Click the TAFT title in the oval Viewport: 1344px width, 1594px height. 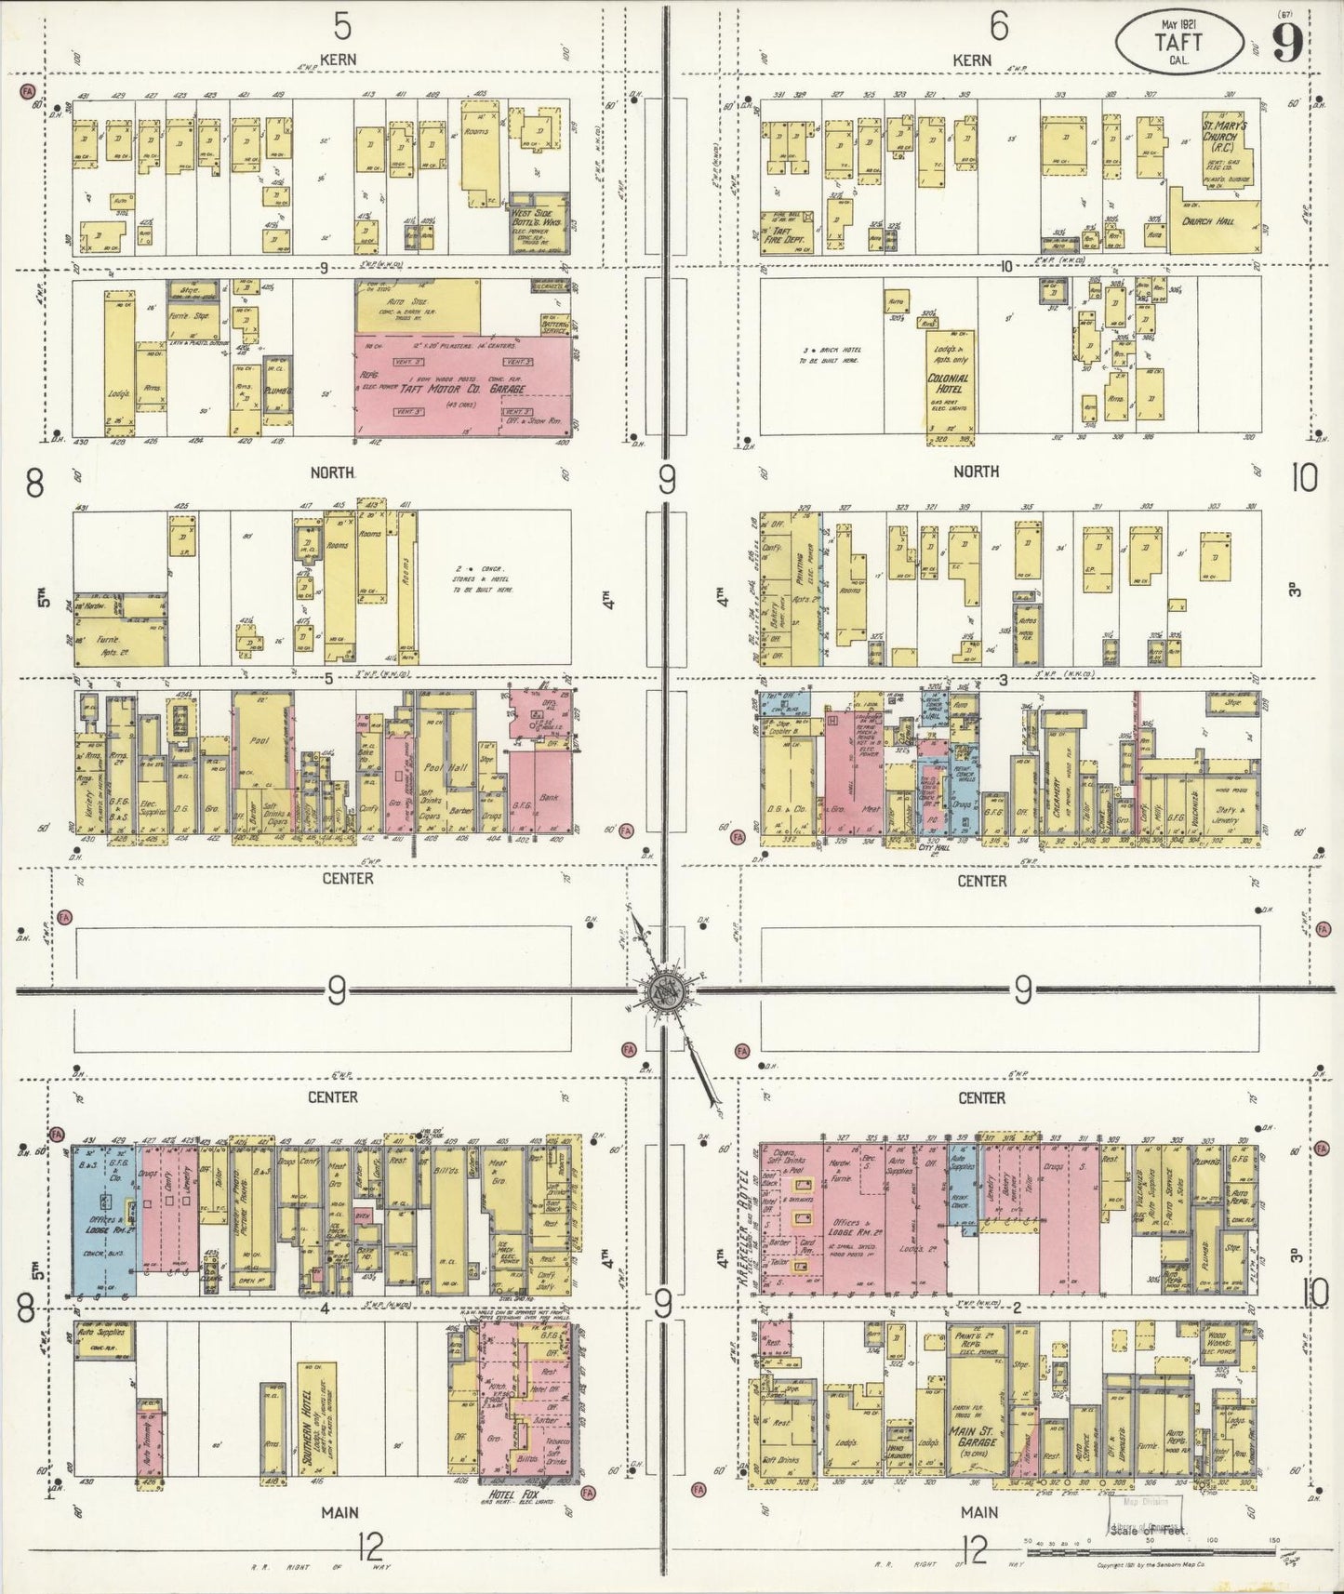[1178, 42]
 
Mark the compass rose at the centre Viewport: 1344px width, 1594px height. [668, 990]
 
